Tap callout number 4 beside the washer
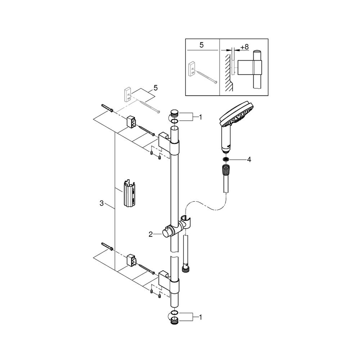pos(249,159)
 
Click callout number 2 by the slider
pos(150,234)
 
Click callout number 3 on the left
pos(102,203)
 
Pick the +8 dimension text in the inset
pos(244,47)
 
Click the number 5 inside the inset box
pos(201,45)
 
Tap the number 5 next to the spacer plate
pos(156,88)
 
